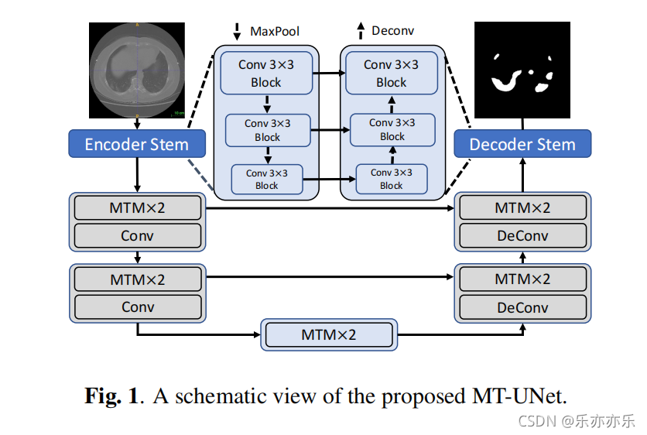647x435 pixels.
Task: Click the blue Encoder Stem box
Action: [x=137, y=144]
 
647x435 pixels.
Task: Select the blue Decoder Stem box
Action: [x=522, y=144]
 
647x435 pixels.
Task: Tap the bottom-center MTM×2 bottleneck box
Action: [x=329, y=335]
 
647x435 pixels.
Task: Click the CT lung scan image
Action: [x=137, y=68]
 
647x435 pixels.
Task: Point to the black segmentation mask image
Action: [x=522, y=70]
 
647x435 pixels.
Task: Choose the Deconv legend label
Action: [x=392, y=32]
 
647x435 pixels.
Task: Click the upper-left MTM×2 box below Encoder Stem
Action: [x=137, y=208]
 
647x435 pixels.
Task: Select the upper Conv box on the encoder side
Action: [x=137, y=235]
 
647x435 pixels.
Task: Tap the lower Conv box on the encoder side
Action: [x=137, y=307]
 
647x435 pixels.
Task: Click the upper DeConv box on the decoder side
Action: [x=522, y=235]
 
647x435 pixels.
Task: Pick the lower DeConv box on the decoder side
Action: [x=522, y=307]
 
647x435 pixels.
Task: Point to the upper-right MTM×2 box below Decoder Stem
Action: [x=522, y=208]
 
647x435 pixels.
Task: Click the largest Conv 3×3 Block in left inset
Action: [x=266, y=74]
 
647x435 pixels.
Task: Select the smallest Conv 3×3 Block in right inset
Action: [x=392, y=179]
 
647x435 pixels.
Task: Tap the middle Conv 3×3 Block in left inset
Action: [x=267, y=130]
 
